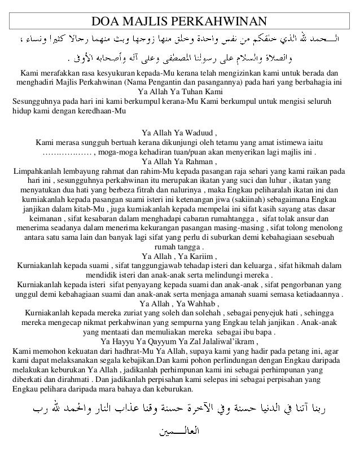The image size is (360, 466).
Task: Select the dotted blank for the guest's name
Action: [x=67, y=152]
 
